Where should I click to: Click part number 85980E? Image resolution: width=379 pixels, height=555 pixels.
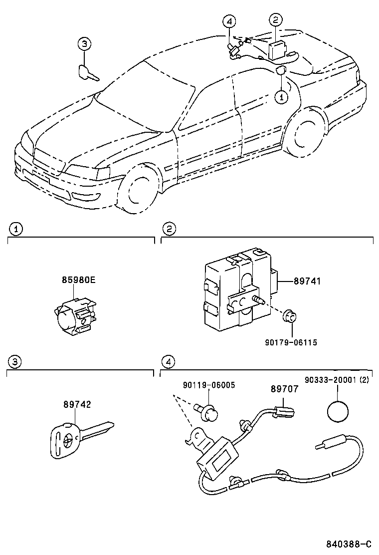(78, 279)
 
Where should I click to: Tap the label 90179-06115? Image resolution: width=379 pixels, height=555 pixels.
(291, 342)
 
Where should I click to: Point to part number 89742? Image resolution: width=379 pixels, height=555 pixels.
(77, 405)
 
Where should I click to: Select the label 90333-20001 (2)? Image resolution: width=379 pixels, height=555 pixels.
(338, 379)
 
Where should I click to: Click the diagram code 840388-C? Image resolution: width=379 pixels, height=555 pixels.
(349, 544)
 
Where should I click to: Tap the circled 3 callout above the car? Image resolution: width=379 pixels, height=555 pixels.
(85, 44)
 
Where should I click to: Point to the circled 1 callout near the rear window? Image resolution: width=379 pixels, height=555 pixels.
(281, 96)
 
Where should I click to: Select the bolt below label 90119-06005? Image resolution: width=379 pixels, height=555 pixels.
(210, 412)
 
